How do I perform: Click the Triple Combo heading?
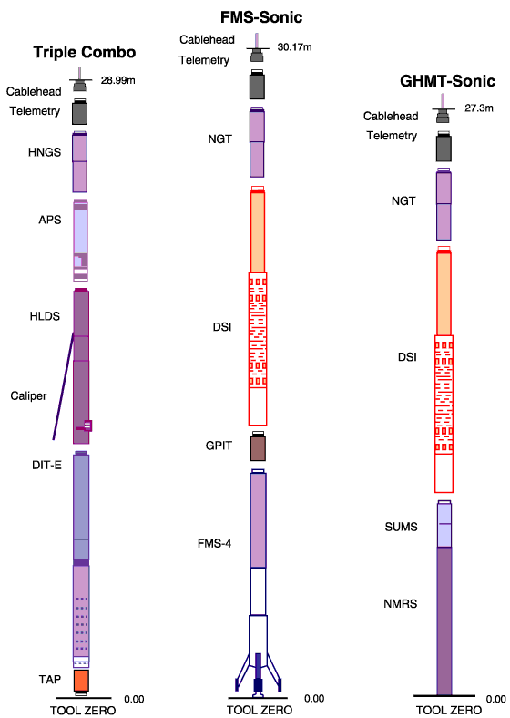(x=85, y=52)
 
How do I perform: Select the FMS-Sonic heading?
(x=261, y=17)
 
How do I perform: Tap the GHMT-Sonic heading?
(x=448, y=81)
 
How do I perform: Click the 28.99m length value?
(x=118, y=80)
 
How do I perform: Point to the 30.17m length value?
(x=294, y=47)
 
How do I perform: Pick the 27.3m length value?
(x=479, y=108)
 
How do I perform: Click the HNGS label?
(x=45, y=152)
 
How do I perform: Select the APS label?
(x=50, y=220)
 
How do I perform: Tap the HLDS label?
(x=45, y=316)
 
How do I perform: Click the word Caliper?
(x=28, y=395)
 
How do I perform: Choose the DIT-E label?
(x=46, y=466)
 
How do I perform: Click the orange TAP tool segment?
(x=81, y=681)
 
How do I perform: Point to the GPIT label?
(x=219, y=446)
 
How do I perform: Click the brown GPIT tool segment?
(x=258, y=447)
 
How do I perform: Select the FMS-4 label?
(x=214, y=544)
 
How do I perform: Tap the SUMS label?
(x=401, y=527)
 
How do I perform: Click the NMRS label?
(x=401, y=604)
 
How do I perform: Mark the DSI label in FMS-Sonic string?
(x=222, y=327)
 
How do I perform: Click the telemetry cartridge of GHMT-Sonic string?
(x=444, y=147)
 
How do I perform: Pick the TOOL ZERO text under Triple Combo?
(x=83, y=710)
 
